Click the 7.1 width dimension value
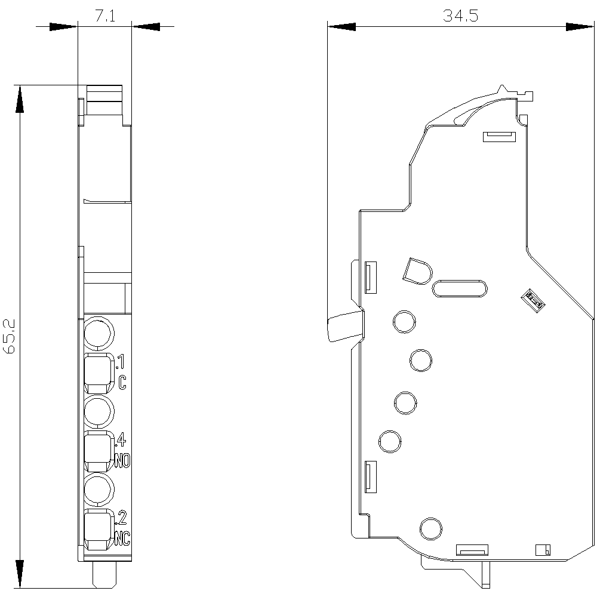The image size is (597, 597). coord(104,16)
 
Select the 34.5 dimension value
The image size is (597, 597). coord(460,16)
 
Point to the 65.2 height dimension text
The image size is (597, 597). coord(9,336)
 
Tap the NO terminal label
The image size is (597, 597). coord(122,461)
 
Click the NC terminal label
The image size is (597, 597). coord(122,538)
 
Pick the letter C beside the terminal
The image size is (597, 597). coord(122,383)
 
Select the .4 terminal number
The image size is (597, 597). coord(121,440)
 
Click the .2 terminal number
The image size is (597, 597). coord(121,518)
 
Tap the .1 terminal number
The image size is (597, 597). coord(120,362)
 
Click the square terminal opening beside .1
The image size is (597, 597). coord(99,374)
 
